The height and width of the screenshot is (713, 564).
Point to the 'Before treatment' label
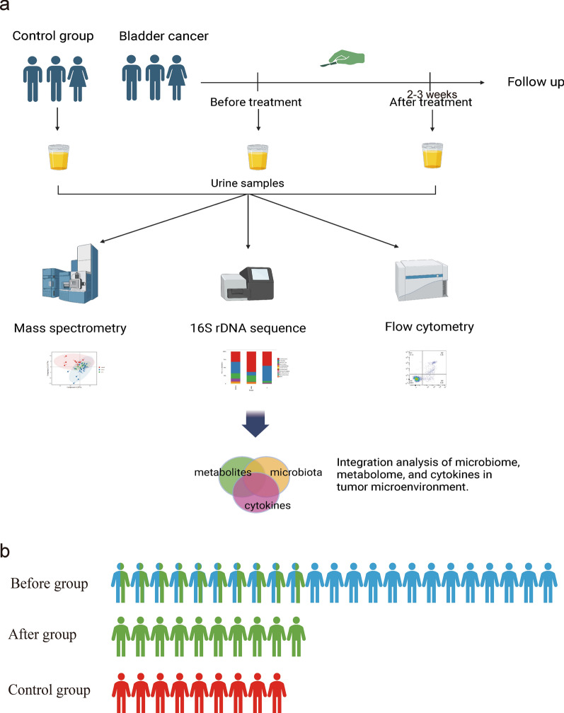pyautogui.click(x=256, y=103)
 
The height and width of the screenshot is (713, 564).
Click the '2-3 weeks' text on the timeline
pyautogui.click(x=432, y=93)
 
